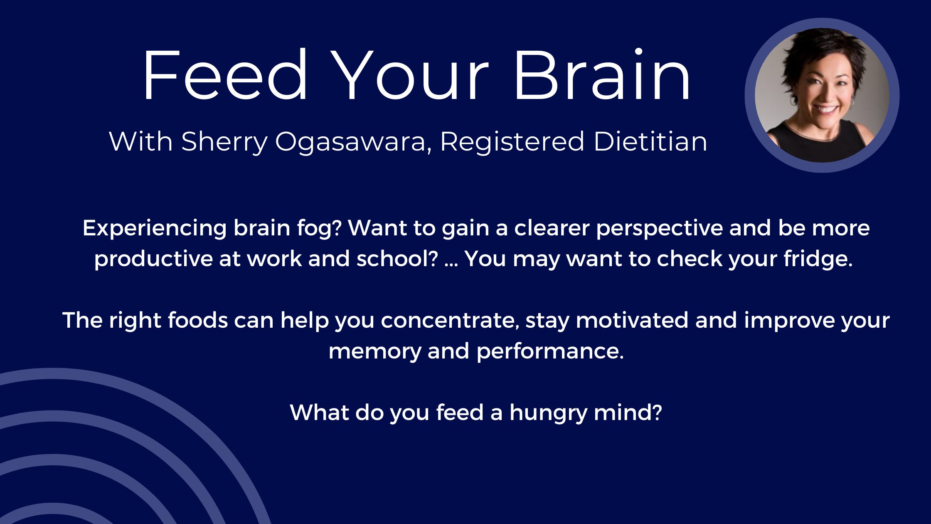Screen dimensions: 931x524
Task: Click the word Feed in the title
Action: pyautogui.click(x=225, y=75)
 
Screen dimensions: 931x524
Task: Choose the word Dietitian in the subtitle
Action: pyautogui.click(x=650, y=141)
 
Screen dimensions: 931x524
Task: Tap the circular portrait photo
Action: pyautogui.click(x=822, y=95)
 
